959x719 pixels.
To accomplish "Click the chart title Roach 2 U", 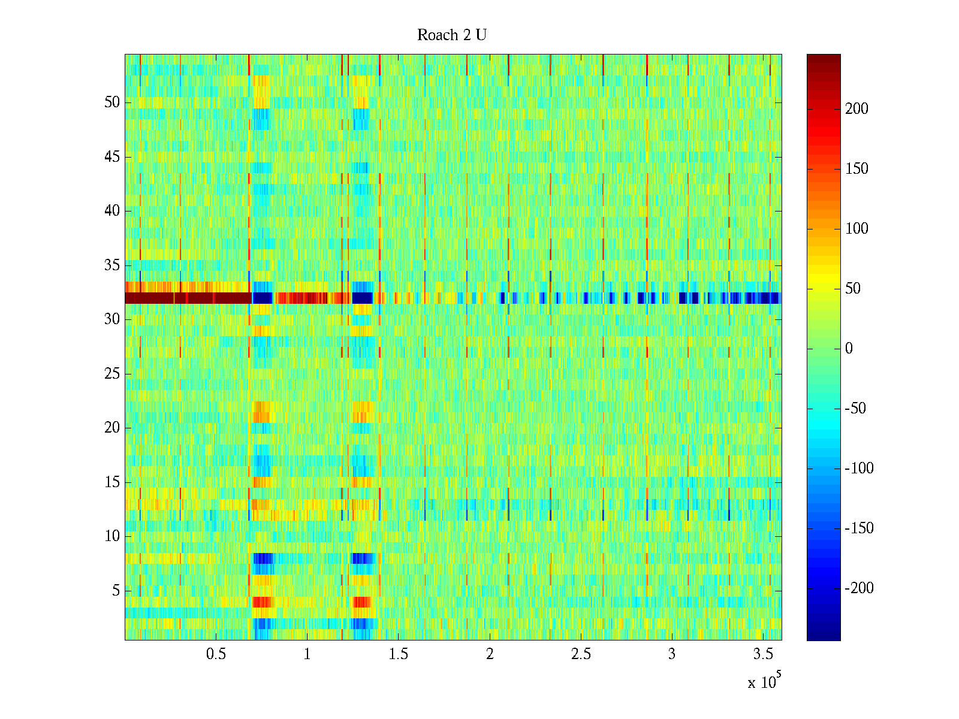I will (451, 35).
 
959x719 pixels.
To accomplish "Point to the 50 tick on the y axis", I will (112, 102).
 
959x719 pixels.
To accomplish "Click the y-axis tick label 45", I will (112, 157).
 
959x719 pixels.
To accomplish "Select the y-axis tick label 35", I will (112, 265).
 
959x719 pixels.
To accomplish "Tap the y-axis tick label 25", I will (112, 374).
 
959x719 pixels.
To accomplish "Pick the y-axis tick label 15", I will (112, 482).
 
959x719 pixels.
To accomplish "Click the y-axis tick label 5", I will (116, 591).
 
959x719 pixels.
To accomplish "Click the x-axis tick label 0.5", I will (216, 654).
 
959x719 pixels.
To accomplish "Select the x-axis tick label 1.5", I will (398, 654).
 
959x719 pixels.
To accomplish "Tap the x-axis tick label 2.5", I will (581, 654).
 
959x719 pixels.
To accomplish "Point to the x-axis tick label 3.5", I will (763, 654).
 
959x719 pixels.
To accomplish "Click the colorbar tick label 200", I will (857, 109).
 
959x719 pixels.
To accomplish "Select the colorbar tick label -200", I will (859, 588).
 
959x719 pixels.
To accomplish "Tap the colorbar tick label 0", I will (849, 349).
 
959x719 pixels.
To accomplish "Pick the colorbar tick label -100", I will (859, 469).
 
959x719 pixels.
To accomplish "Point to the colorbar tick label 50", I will (853, 289).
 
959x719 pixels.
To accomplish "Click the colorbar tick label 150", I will (857, 169).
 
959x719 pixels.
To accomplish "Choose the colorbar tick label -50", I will (855, 409).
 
